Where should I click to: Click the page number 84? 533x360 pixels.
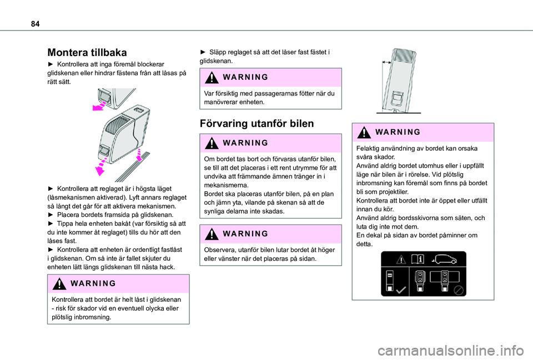click(x=35, y=24)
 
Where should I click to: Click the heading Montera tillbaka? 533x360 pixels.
click(x=87, y=52)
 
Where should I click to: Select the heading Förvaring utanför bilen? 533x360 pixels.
click(x=257, y=123)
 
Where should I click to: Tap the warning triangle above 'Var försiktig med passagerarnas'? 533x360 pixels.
click(x=212, y=78)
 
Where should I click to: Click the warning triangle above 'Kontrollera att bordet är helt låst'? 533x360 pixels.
click(x=59, y=283)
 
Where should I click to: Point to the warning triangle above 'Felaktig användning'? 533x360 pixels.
click(x=364, y=132)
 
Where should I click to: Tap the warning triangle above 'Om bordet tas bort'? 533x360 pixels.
click(x=212, y=143)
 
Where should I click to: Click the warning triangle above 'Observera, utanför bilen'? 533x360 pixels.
click(x=212, y=234)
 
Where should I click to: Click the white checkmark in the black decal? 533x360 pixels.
click(x=401, y=290)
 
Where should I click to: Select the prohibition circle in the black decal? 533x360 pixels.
click(x=459, y=290)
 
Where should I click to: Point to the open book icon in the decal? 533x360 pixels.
click(x=418, y=260)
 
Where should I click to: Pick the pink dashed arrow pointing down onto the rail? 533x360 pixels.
click(x=139, y=155)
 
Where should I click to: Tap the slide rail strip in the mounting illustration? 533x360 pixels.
click(x=133, y=167)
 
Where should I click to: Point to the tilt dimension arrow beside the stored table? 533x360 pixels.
click(x=386, y=63)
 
